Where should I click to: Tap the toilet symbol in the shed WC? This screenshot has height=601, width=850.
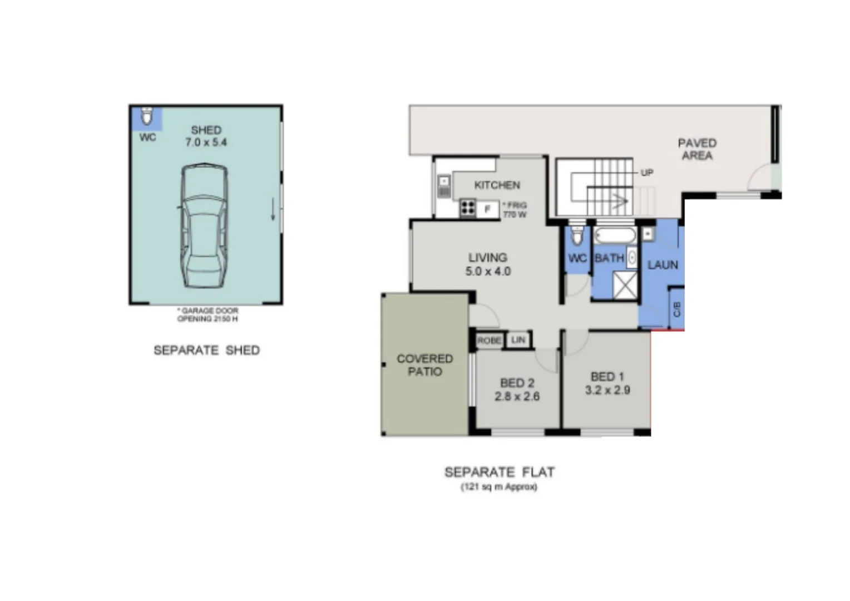click(x=146, y=116)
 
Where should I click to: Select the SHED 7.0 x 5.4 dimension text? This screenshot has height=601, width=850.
click(x=206, y=136)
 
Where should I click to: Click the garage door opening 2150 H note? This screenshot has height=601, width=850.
click(x=207, y=315)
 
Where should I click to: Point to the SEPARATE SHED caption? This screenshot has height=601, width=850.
click(x=206, y=351)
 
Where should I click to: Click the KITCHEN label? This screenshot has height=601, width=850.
click(x=497, y=185)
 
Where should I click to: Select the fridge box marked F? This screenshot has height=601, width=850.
click(x=488, y=210)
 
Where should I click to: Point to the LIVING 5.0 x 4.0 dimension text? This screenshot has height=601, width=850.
click(x=488, y=264)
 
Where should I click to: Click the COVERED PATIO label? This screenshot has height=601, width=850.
click(x=424, y=365)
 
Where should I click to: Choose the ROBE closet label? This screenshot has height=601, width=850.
click(x=489, y=341)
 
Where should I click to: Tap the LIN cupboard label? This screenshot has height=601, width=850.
click(x=518, y=340)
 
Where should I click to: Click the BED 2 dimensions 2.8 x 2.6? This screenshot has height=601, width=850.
click(x=517, y=390)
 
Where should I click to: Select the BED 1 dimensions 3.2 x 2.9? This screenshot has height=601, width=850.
click(x=607, y=383)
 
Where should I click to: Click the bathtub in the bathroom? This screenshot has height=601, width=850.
click(x=614, y=236)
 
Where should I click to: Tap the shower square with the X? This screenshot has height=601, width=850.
click(x=625, y=285)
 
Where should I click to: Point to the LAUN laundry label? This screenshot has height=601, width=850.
click(x=663, y=265)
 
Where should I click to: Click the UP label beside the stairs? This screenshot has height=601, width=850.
click(x=646, y=173)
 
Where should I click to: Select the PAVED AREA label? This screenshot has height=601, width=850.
click(x=697, y=149)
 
